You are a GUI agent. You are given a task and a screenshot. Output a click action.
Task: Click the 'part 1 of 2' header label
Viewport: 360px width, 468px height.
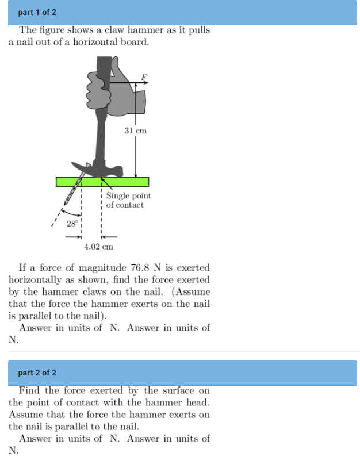tap(37, 12)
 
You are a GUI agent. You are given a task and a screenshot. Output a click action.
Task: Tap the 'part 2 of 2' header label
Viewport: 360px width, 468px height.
tap(37, 373)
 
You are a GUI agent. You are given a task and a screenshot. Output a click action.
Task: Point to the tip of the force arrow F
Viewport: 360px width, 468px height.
tap(148, 83)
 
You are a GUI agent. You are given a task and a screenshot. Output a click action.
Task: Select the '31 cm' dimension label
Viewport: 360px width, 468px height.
tap(136, 131)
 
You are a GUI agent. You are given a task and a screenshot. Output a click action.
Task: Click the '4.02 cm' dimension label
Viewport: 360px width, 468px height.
tap(98, 247)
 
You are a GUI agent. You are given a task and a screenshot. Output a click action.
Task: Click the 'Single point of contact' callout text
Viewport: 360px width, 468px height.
tap(128, 200)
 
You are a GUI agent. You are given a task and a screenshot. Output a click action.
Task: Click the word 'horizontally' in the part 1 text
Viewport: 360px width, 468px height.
tap(33, 280)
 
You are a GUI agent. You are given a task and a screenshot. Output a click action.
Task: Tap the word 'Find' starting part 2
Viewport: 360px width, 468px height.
tap(30, 391)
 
